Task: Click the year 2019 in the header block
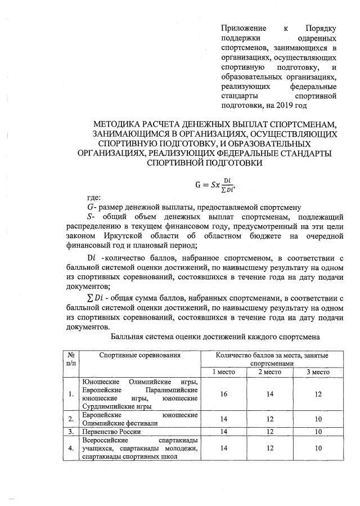coord(300,104)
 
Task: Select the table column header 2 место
coord(270,372)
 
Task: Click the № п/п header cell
coord(71,360)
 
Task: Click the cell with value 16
coord(224,394)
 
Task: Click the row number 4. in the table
coord(71,448)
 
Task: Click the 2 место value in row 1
coord(270,394)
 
